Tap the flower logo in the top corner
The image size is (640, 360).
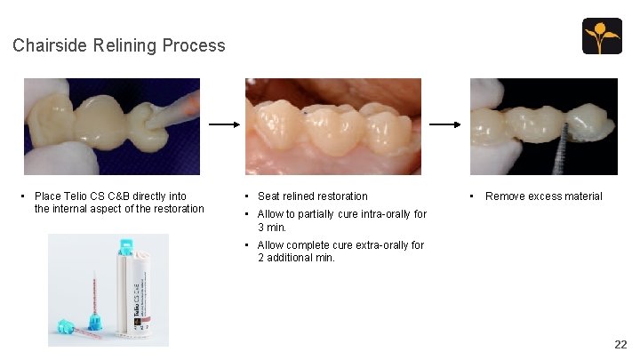(602, 36)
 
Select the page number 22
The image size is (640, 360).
(620, 344)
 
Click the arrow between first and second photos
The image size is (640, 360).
(223, 126)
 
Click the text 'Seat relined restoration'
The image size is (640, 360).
(312, 196)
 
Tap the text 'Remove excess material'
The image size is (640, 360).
(543, 196)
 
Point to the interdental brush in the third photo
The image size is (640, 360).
(562, 151)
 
